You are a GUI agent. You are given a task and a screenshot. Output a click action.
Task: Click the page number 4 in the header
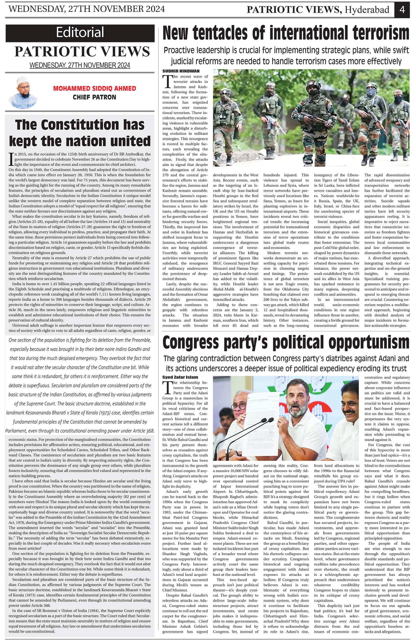click(402, 10)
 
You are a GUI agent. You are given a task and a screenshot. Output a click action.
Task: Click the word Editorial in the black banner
click(80, 32)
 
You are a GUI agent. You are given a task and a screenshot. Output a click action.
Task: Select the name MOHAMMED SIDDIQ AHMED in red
click(94, 88)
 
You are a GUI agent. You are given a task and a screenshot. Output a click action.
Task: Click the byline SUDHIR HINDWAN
click(181, 71)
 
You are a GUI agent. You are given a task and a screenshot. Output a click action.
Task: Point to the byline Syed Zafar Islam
click(180, 377)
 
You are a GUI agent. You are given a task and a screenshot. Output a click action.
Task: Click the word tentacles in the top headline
click(220, 33)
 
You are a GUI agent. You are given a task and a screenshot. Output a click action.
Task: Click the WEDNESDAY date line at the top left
click(87, 9)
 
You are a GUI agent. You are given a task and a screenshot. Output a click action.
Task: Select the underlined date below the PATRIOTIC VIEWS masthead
click(80, 65)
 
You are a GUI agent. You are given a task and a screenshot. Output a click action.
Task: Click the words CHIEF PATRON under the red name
click(94, 97)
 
